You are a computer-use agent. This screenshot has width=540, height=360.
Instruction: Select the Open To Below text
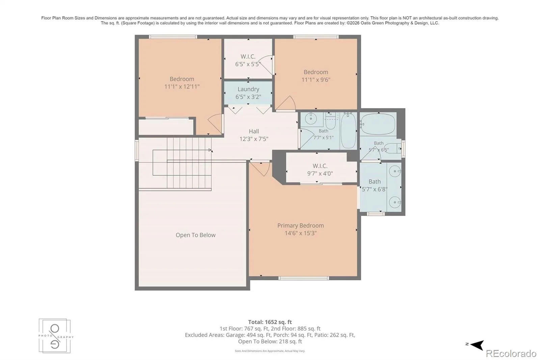click(195, 235)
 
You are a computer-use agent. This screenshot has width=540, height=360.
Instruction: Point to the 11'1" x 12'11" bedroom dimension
click(182, 86)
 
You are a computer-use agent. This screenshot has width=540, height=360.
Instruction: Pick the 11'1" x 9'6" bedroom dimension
click(316, 80)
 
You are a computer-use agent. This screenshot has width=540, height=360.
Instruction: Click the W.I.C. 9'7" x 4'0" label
click(320, 170)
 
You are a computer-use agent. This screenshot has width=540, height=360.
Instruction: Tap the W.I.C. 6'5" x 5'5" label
click(248, 60)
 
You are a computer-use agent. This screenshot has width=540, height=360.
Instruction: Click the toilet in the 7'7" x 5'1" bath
click(330, 121)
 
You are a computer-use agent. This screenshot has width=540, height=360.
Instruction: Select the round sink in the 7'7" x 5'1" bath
click(311, 119)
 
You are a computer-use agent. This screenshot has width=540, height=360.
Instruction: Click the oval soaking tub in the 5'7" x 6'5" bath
click(378, 124)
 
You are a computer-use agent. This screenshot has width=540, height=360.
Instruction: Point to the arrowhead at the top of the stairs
click(210, 150)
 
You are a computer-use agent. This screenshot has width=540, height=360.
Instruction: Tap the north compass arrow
click(477, 344)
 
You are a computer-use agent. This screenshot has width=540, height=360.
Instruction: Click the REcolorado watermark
click(511, 354)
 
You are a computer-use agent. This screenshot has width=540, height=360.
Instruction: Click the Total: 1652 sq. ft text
click(270, 322)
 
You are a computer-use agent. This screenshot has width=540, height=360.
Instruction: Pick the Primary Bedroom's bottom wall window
click(303, 278)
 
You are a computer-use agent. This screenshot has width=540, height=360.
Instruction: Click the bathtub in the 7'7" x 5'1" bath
click(348, 130)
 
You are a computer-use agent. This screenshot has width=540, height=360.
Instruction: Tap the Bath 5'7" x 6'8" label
click(375, 185)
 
